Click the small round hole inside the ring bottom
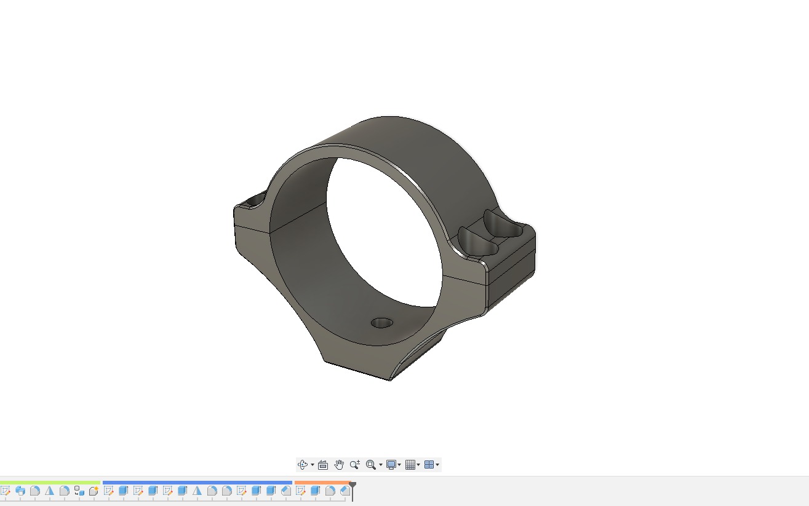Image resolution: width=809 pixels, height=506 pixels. point(382,323)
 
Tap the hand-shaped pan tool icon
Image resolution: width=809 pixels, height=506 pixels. point(338,465)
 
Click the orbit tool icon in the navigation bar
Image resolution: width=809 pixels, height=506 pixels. point(303,465)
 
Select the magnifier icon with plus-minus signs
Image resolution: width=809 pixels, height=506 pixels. point(355,465)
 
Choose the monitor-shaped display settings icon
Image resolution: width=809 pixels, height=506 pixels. point(391,465)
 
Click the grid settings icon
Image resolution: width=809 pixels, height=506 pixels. point(410,465)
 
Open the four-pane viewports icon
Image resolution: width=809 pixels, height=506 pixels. point(429,465)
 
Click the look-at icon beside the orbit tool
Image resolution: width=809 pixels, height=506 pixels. point(322,465)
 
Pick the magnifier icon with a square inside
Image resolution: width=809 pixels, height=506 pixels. point(370,465)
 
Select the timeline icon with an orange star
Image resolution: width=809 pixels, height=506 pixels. point(94,491)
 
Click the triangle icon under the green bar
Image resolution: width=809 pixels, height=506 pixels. point(50,491)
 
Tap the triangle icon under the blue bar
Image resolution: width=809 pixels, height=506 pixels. point(197,491)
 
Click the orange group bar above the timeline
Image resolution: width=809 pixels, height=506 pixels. point(322,483)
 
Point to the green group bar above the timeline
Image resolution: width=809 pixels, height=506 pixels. point(50,483)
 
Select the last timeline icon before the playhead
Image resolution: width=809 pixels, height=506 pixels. point(345,491)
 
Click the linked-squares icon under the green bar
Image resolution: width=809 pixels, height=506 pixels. point(79,491)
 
